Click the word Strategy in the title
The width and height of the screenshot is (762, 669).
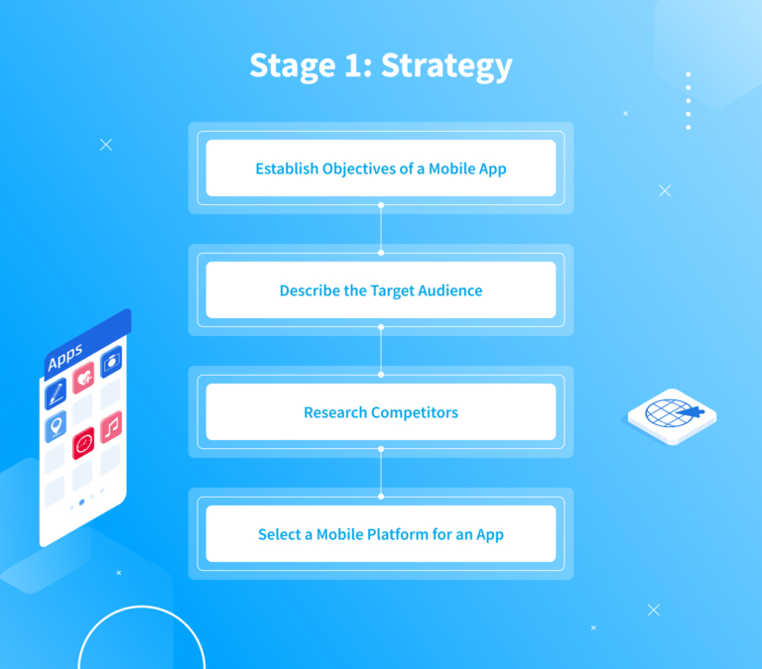click(x=446, y=66)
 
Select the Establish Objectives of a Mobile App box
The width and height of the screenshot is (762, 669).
click(x=380, y=168)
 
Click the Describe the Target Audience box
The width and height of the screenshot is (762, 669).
click(x=380, y=290)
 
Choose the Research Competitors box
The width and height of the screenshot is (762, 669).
click(x=380, y=412)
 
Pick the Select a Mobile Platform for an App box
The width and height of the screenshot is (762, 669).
click(x=380, y=534)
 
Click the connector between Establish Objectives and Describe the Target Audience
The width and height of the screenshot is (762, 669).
click(x=380, y=229)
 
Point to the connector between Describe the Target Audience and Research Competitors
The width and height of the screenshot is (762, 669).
click(x=380, y=351)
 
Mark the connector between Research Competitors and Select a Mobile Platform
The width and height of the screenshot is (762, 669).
click(x=380, y=473)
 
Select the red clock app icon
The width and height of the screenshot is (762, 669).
click(x=83, y=442)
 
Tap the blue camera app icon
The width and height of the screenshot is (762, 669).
click(x=110, y=362)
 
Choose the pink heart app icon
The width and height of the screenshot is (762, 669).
click(x=83, y=378)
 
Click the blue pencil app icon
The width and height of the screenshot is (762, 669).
click(x=56, y=393)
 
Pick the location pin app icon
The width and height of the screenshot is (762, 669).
click(x=56, y=427)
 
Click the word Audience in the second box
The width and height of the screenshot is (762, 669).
click(x=447, y=290)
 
